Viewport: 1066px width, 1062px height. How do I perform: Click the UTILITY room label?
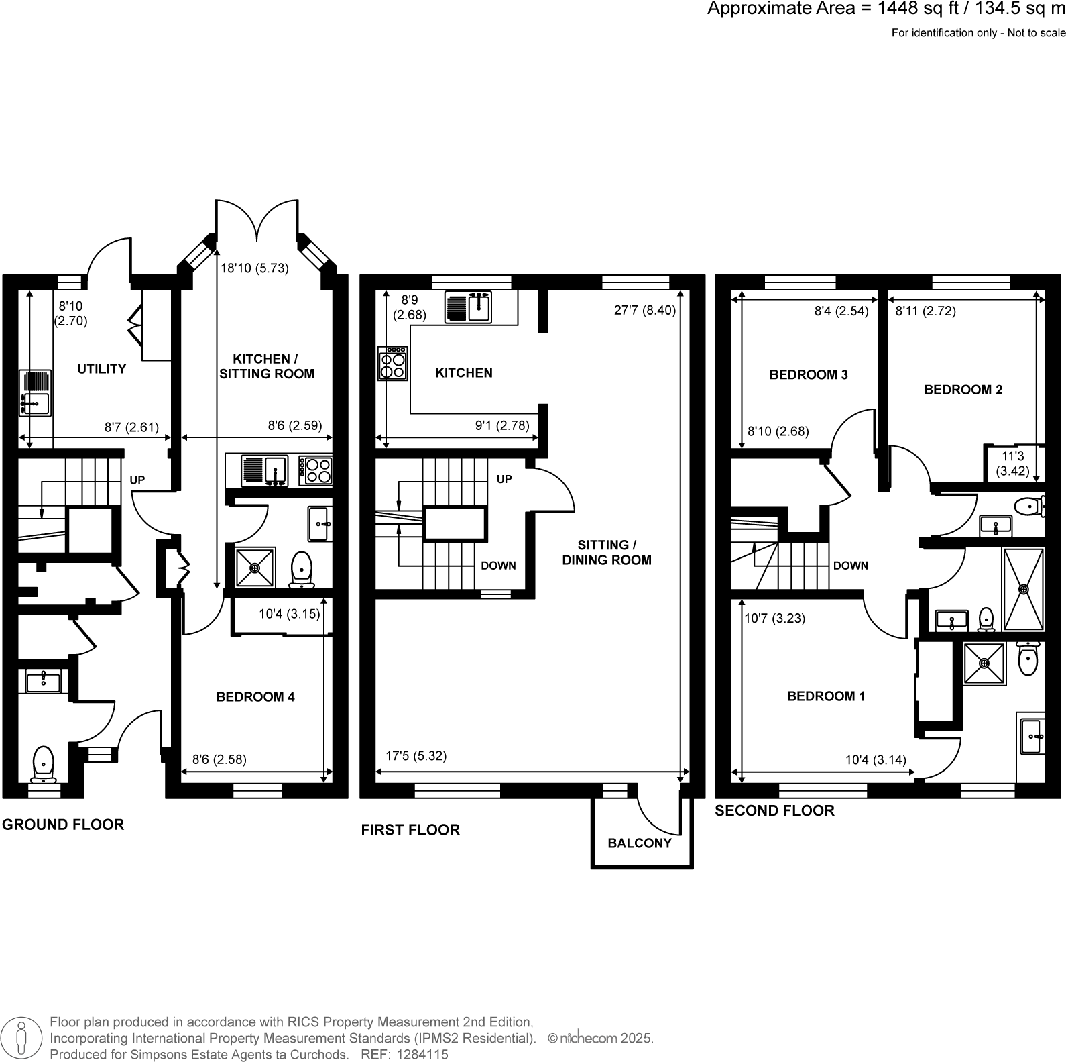point(101,368)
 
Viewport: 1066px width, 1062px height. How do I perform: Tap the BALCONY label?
point(639,843)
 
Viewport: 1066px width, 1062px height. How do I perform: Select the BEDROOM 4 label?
point(255,697)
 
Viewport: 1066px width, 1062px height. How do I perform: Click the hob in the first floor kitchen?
point(393,363)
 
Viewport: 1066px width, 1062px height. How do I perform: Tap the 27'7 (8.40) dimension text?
point(644,310)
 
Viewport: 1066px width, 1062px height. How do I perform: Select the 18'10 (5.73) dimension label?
point(255,268)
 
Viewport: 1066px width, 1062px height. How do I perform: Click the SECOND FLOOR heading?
point(774,810)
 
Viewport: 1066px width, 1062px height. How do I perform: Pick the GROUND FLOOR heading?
point(63,825)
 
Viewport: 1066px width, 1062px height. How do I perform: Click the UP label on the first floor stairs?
point(504,479)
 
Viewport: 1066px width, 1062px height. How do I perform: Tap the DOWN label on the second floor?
point(850,566)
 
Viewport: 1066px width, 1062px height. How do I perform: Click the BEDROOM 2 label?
point(963,390)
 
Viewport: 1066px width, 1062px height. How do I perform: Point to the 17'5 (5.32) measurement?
point(416,756)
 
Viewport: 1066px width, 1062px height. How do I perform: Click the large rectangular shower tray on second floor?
point(1023,589)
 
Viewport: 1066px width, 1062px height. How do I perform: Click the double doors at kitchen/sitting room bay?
point(257,221)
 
